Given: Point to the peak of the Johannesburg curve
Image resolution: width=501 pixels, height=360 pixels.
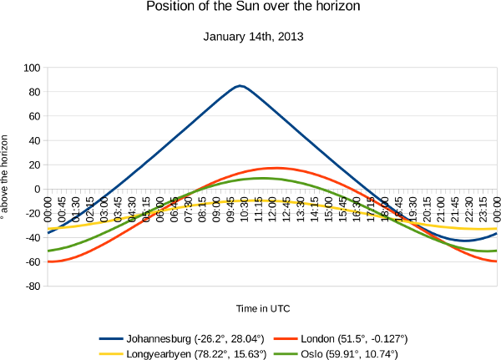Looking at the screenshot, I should click(240, 85).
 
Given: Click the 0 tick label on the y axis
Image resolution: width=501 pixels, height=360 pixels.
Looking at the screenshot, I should click(38, 189).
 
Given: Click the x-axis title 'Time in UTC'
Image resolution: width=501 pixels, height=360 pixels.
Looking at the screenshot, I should click(262, 308).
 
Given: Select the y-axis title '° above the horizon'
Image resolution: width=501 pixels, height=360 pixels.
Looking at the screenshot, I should click(8, 175).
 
